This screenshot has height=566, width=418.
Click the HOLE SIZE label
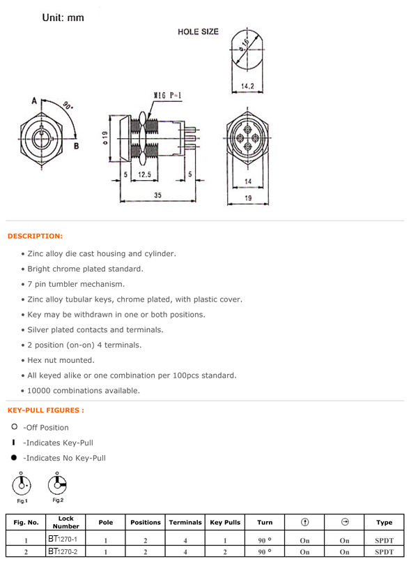coord(198,32)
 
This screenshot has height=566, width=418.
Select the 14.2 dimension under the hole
coord(247,86)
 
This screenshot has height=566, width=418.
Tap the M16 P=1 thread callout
coord(168,96)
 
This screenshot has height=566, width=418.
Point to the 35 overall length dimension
coord(158,195)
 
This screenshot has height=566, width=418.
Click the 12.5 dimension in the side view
coord(144,174)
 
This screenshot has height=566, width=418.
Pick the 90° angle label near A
coord(68,105)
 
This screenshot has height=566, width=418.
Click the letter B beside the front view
coord(77,146)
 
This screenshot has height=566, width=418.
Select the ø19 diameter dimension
coord(105,138)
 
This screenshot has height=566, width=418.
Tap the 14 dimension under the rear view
coord(248,181)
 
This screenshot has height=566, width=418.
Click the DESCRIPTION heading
coord(35,236)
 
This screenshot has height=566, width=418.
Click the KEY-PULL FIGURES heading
coord(46,410)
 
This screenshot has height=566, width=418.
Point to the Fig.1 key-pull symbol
coord(22,484)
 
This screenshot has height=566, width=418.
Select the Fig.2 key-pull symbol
coord(57,484)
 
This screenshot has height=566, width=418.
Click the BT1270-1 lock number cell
coord(65,539)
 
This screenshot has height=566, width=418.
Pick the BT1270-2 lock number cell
coord(65,551)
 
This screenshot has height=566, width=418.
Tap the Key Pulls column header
coord(225,522)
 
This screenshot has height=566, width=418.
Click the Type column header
coord(384,522)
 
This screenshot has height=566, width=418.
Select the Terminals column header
coord(185,522)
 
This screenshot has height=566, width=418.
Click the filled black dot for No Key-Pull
coord(14,457)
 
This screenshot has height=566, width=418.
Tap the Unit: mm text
coord(63,17)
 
